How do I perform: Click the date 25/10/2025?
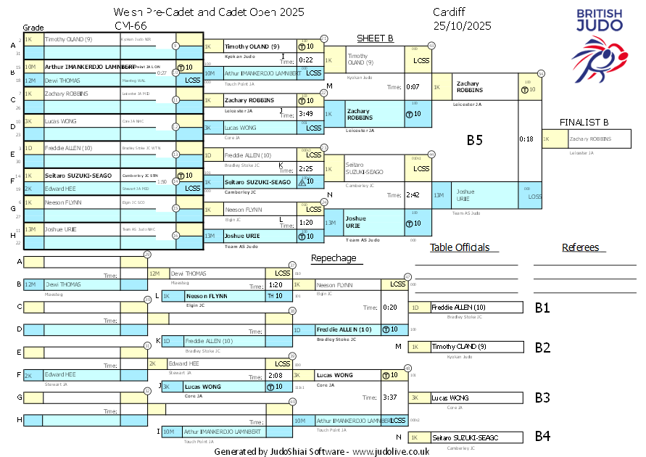pos(462,25)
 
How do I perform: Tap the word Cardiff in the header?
pos(450,13)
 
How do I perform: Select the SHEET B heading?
pos(375,38)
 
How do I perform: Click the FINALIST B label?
pos(584,123)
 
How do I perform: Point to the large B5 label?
pos(474,140)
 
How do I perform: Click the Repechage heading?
pos(334,258)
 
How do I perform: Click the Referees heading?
pos(580,247)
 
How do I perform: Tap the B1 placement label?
pos(542,308)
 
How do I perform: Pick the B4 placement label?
pos(542,436)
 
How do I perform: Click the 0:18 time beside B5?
pos(526,139)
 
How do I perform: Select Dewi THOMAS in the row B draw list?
pos(66,81)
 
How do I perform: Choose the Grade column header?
pos(33,26)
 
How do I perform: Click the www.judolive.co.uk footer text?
pos(391,450)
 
